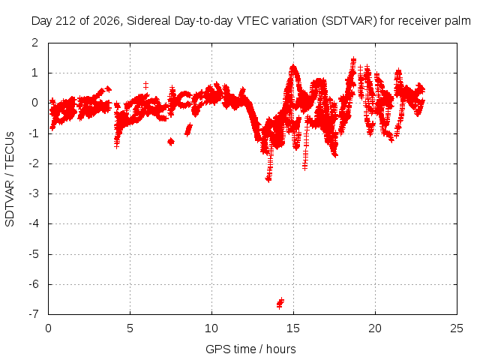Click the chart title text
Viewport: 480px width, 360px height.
(251, 21)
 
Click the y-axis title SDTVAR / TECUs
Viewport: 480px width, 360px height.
(10, 179)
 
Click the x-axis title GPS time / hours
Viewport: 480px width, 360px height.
(250, 349)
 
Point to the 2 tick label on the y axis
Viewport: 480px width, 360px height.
(34, 43)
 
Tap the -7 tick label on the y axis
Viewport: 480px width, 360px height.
(33, 314)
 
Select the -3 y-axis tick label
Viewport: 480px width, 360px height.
(33, 193)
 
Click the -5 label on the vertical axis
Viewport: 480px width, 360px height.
(33, 254)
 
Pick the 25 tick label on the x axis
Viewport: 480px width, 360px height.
(457, 328)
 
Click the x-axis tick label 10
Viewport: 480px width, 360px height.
(211, 328)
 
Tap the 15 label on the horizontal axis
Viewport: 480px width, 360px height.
(293, 328)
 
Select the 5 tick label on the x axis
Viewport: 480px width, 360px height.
(130, 328)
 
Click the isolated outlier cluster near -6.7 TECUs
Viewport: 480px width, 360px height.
(280, 303)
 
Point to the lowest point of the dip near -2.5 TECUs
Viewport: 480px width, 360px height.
(268, 180)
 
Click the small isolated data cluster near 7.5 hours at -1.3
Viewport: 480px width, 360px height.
(171, 142)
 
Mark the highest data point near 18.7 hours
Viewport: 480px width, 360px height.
(353, 58)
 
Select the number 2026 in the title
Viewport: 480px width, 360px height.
(106, 21)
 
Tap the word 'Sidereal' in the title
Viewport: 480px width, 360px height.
(149, 21)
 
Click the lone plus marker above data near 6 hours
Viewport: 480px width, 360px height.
(145, 85)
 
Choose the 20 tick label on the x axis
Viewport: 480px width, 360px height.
(375, 328)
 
